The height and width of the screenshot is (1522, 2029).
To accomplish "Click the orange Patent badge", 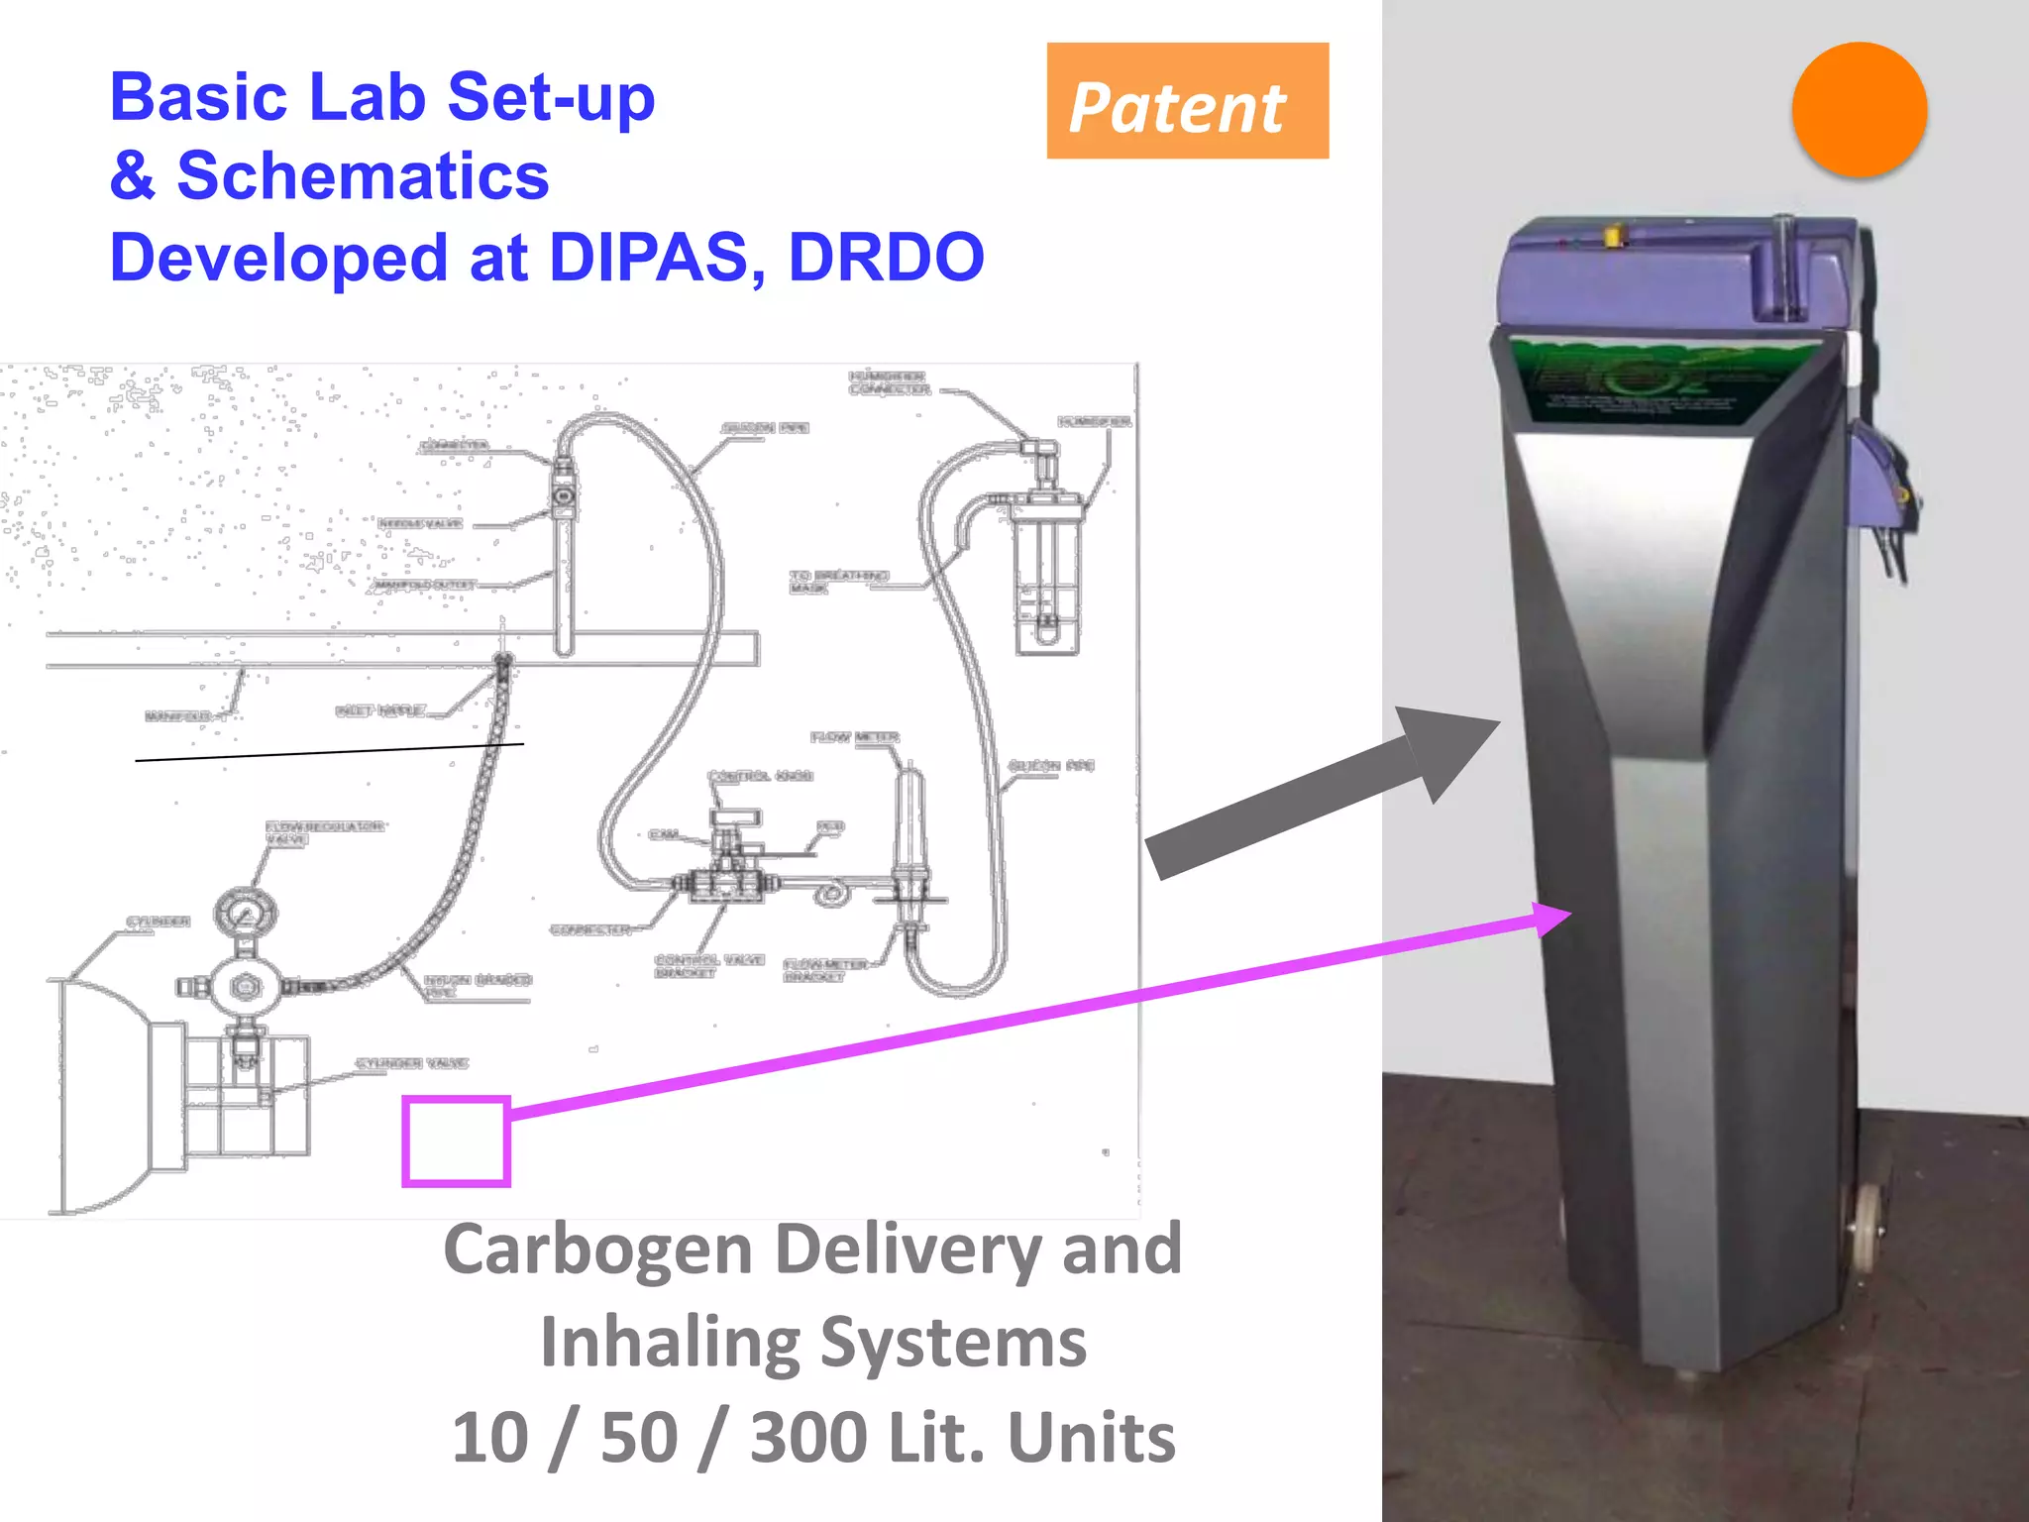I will [1187, 101].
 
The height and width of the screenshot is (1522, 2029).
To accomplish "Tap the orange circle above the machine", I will [1859, 110].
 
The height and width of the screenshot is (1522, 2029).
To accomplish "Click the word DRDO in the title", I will [886, 257].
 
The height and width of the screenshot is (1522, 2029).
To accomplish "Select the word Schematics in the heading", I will [363, 176].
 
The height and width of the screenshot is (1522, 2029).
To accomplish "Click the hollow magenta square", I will [456, 1141].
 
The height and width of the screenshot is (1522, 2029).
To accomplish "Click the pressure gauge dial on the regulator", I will [245, 913].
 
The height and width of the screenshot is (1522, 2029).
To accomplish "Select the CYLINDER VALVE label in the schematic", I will [412, 1063].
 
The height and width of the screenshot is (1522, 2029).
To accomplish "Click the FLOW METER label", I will [855, 737].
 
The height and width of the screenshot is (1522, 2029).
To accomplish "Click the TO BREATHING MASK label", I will [838, 582].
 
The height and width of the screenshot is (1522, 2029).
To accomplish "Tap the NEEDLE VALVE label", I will [420, 523].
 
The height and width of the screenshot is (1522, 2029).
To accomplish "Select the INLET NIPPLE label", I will [381, 710].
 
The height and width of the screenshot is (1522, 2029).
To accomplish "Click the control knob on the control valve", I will [735, 818].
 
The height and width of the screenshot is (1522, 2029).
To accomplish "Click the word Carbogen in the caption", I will [597, 1250].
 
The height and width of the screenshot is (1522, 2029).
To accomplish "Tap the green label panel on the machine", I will [1664, 381].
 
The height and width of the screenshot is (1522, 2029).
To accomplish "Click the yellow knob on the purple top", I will [1612, 236].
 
